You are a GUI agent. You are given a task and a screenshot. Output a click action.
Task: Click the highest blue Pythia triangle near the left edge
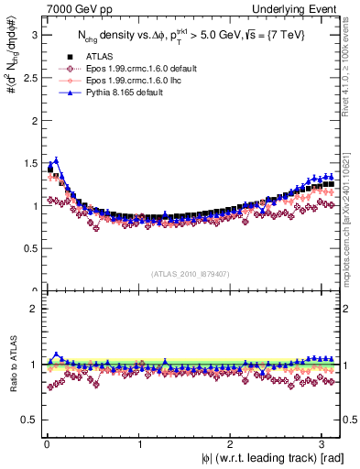coord(56,159)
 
